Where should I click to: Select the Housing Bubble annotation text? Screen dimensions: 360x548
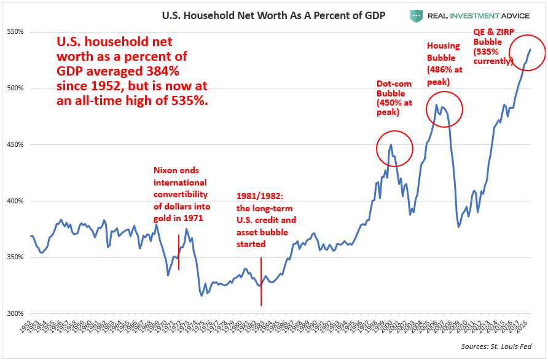coord(445,64)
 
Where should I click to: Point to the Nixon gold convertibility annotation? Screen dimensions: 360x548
coord(180,194)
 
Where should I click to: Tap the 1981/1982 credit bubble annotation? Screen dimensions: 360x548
coord(267,220)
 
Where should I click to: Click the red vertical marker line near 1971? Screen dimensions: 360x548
coord(179,252)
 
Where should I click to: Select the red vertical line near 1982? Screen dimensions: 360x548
coord(261,281)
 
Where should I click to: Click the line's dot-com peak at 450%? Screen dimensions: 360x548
coord(391,145)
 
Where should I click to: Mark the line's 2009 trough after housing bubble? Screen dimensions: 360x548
coord(458,227)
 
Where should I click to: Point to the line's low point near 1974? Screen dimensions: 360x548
coord(202,295)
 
